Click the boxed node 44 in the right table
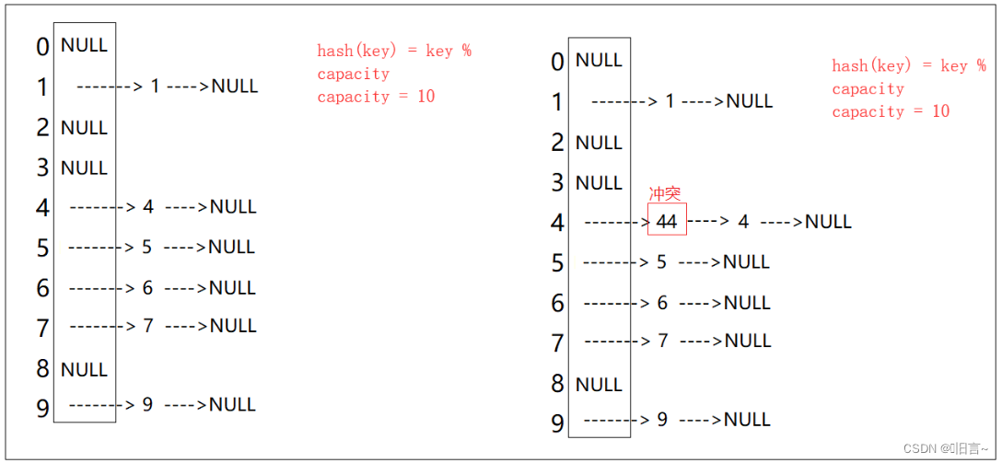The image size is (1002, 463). click(x=667, y=221)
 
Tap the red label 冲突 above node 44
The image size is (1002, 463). click(x=665, y=194)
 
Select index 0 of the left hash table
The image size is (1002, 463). click(x=42, y=46)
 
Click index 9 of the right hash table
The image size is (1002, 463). click(x=557, y=422)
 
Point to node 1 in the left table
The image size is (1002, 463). click(x=155, y=87)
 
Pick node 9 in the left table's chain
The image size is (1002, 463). click(x=147, y=404)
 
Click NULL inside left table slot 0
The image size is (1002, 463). click(x=84, y=45)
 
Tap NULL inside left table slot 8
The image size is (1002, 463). click(x=84, y=369)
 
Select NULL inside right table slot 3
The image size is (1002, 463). click(x=599, y=183)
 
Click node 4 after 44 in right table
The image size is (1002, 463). click(x=743, y=222)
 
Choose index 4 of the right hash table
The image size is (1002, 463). click(x=557, y=223)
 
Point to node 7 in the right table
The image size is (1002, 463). click(x=662, y=341)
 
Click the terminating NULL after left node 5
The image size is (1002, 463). click(x=231, y=247)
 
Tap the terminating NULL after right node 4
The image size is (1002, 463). click(x=828, y=222)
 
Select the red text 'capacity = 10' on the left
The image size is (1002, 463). click(x=376, y=97)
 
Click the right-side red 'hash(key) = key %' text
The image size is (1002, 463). click(x=908, y=65)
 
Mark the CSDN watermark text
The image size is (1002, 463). click(x=945, y=448)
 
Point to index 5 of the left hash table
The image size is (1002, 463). click(x=42, y=248)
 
